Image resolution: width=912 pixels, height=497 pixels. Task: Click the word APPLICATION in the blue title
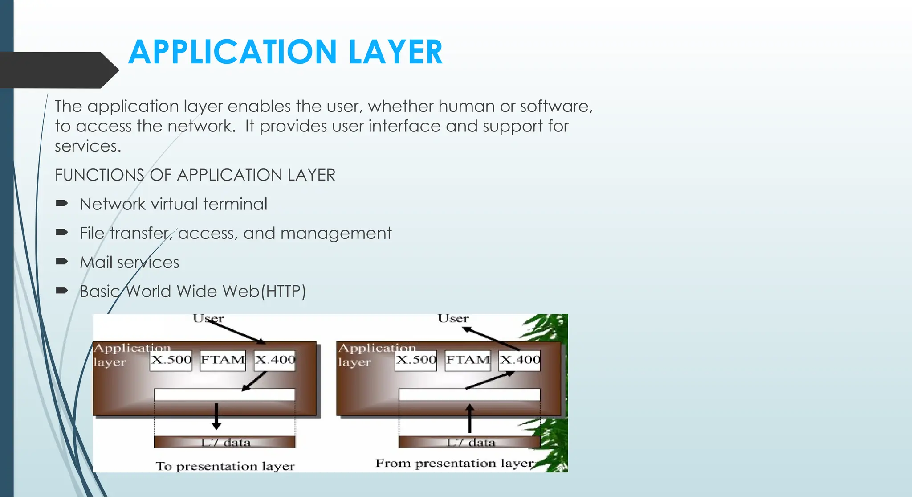(232, 52)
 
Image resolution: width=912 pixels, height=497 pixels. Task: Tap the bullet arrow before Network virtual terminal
(61, 204)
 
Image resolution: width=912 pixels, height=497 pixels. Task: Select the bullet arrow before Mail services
(61, 262)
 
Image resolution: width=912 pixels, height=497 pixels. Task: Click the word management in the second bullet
(336, 233)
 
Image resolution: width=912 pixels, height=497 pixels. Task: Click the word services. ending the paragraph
(88, 146)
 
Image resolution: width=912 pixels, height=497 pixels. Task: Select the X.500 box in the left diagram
(171, 360)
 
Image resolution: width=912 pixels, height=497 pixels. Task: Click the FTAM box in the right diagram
(468, 360)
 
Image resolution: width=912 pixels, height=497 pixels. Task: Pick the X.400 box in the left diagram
(275, 360)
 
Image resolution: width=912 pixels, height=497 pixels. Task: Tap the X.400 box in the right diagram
(520, 360)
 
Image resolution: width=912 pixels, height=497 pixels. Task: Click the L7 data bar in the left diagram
(224, 442)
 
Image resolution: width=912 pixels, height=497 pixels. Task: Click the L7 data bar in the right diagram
(469, 442)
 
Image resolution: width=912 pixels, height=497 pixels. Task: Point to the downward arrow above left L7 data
(216, 416)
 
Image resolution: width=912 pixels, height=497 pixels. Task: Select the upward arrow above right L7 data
(469, 418)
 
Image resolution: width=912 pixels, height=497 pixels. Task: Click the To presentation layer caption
(225, 466)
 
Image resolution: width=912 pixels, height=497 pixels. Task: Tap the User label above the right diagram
(453, 318)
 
